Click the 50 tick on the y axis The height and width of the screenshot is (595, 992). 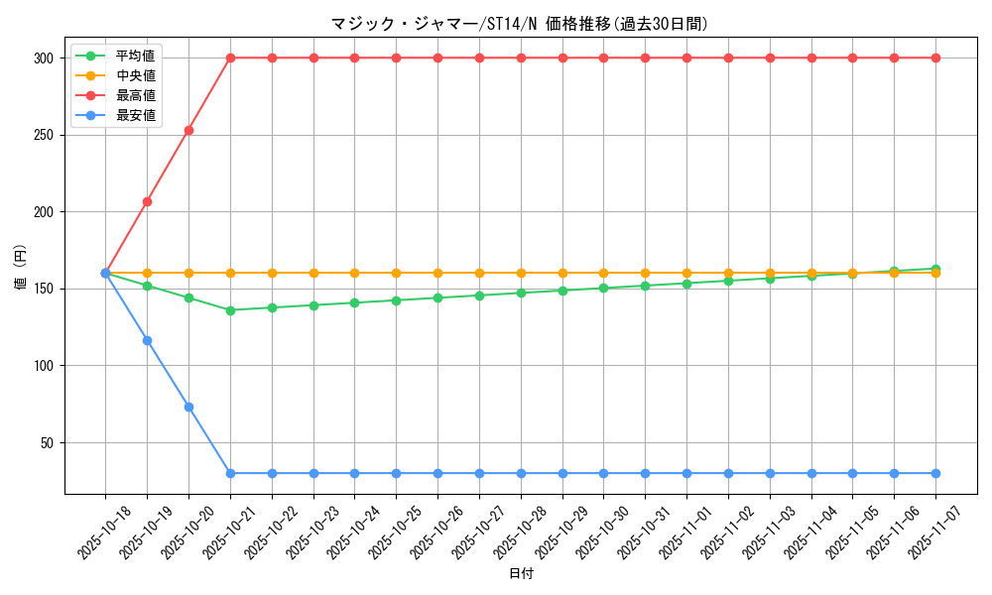(45, 442)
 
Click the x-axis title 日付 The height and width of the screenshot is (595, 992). (521, 574)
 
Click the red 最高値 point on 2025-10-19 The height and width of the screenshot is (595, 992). (147, 201)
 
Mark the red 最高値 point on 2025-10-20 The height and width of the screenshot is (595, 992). (188, 130)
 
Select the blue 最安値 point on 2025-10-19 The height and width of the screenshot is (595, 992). (147, 340)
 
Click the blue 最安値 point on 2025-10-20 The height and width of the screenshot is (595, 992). (188, 407)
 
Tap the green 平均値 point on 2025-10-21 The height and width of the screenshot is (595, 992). (230, 310)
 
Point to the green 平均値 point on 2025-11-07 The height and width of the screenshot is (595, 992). (935, 269)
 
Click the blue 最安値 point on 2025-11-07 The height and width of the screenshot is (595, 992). (935, 473)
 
